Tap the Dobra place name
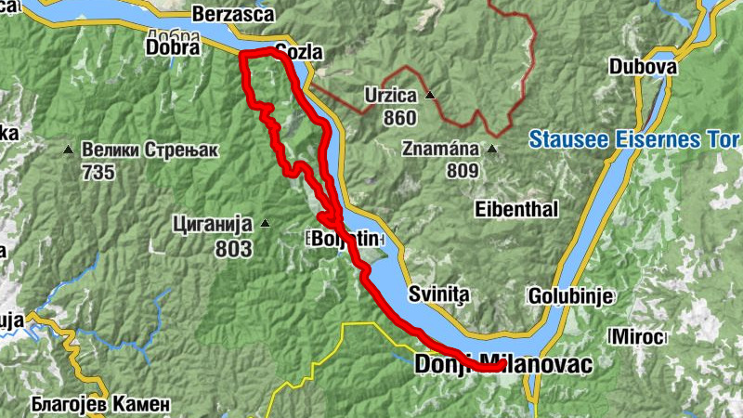(x=174, y=47)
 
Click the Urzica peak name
(x=390, y=96)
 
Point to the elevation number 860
(x=398, y=118)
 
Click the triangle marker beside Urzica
(x=430, y=96)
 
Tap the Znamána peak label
(x=440, y=149)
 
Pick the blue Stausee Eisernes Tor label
(x=634, y=139)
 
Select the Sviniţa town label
(x=440, y=294)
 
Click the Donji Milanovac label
(x=502, y=365)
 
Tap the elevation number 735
(x=98, y=172)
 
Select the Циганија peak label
(x=213, y=223)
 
